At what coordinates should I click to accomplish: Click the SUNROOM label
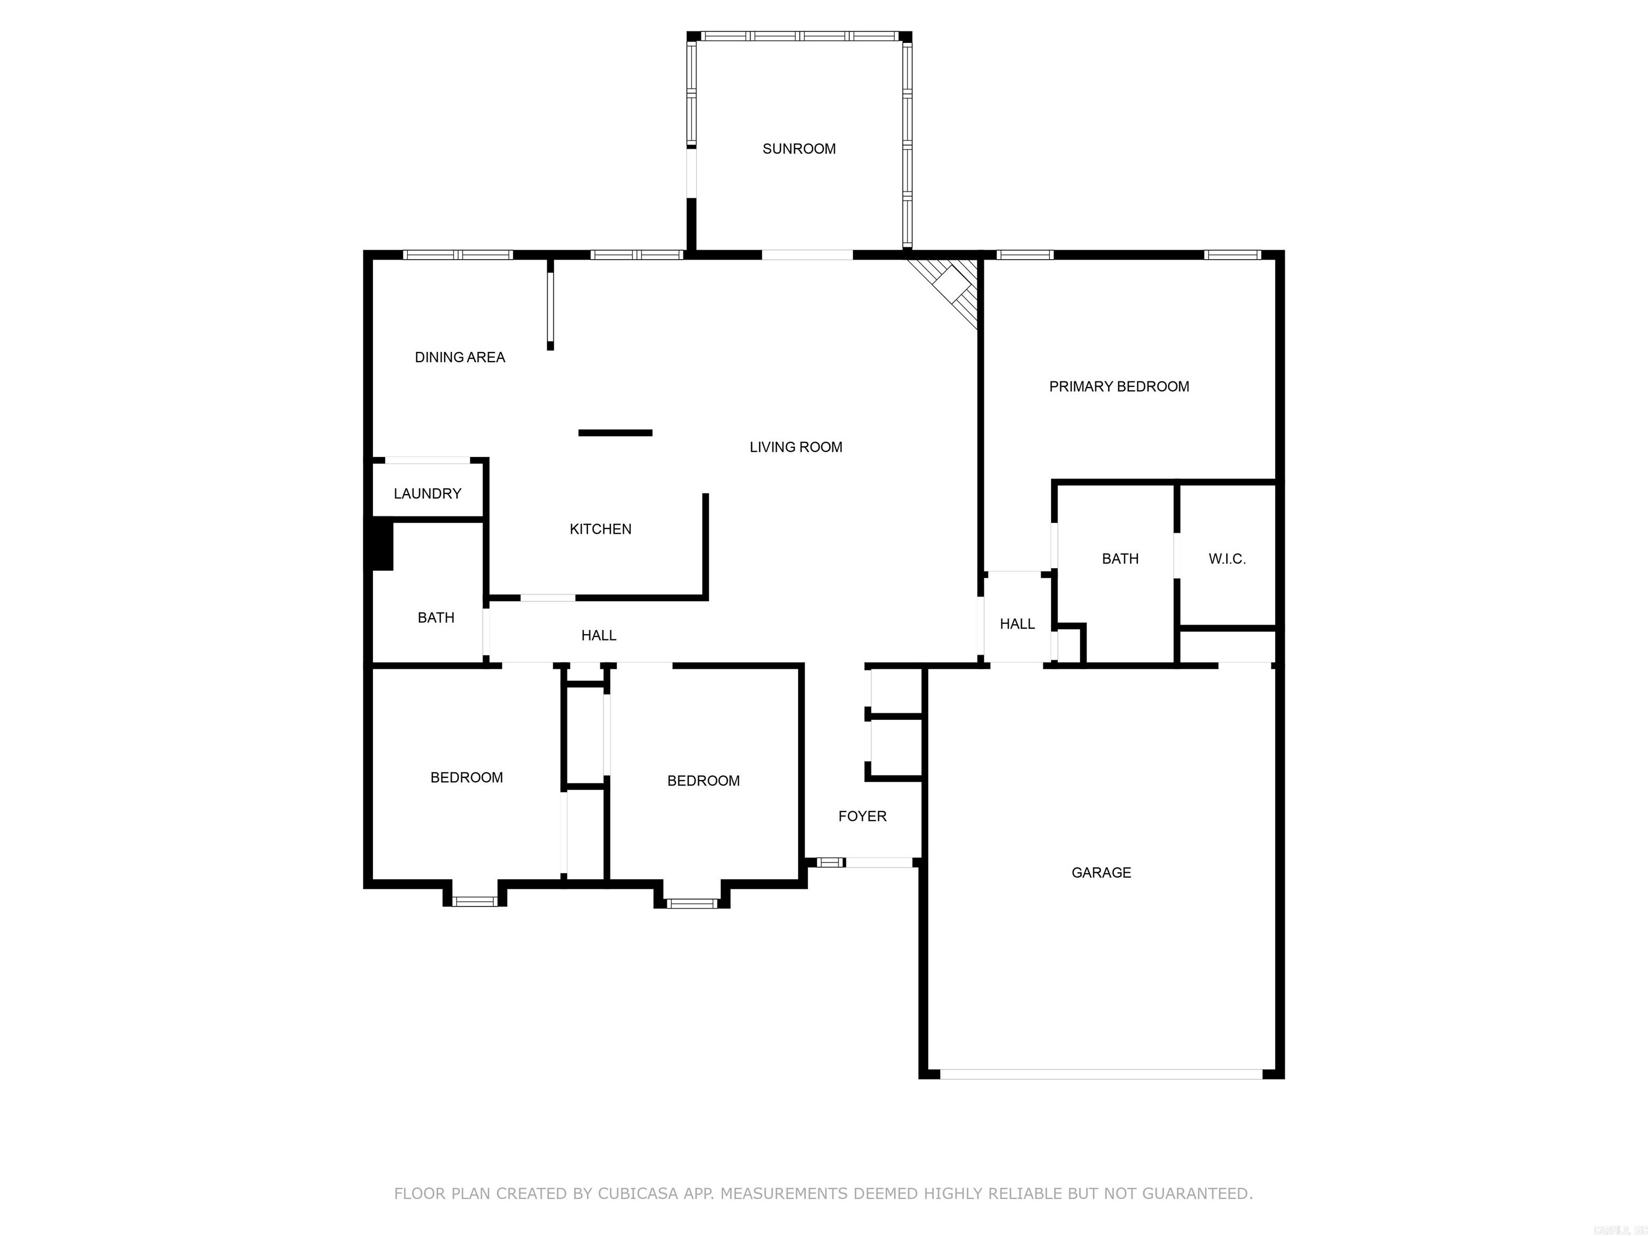pyautogui.click(x=799, y=149)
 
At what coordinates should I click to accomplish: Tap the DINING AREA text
pyautogui.click(x=460, y=358)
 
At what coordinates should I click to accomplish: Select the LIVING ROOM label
pyautogui.click(x=796, y=447)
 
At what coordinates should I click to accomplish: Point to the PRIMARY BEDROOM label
pyautogui.click(x=1119, y=387)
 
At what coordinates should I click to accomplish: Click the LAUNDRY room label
pyautogui.click(x=427, y=494)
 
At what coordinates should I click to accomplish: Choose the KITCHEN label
pyautogui.click(x=600, y=529)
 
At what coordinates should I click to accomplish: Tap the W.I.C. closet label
pyautogui.click(x=1226, y=559)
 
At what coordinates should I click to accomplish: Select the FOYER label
pyautogui.click(x=862, y=816)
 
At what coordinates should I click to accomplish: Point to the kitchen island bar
pyautogui.click(x=615, y=433)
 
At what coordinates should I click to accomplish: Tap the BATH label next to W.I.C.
pyautogui.click(x=1120, y=559)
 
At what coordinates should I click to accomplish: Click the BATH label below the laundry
pyautogui.click(x=436, y=617)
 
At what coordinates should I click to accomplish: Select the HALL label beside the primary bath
pyautogui.click(x=1017, y=624)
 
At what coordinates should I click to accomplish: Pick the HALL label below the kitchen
pyautogui.click(x=598, y=636)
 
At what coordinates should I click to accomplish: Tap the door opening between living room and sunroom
pyautogui.click(x=807, y=255)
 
